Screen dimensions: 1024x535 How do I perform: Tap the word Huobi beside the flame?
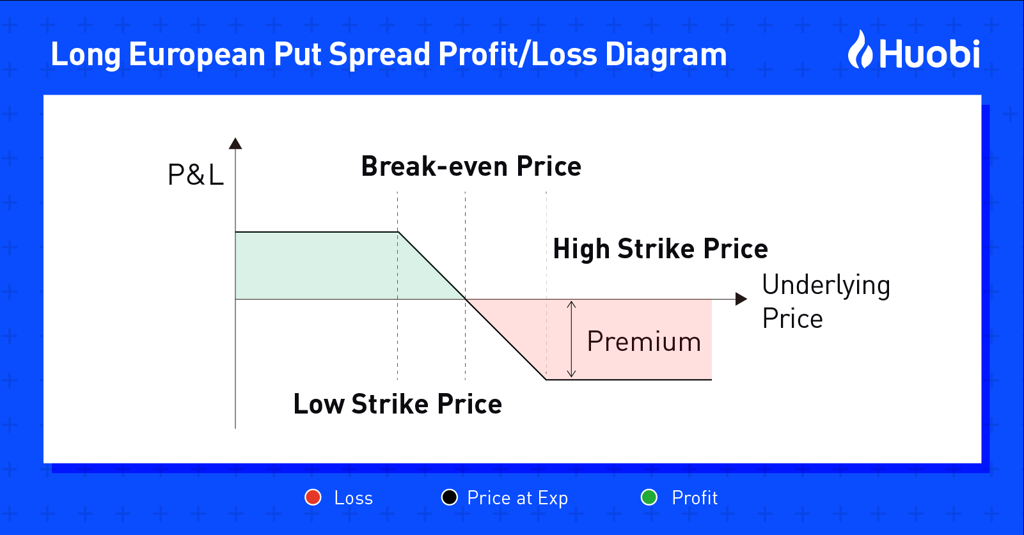click(929, 54)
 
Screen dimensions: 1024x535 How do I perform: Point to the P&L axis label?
click(196, 174)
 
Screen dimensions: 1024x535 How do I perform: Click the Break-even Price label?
click(471, 166)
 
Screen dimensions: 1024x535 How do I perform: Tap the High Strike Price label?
click(661, 249)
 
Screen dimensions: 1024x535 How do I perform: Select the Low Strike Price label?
click(398, 404)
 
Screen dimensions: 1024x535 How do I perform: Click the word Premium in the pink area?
click(643, 341)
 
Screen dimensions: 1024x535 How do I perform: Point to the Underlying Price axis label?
click(826, 302)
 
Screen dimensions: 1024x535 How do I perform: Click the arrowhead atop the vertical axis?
click(235, 143)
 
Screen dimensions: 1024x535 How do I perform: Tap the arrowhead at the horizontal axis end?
click(741, 299)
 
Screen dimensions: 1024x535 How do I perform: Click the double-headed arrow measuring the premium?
click(571, 339)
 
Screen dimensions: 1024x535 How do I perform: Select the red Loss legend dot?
click(313, 497)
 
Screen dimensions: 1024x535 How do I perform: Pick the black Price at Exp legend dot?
click(450, 497)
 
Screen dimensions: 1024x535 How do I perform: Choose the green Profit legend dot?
click(649, 497)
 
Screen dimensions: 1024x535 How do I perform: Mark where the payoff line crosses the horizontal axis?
click(466, 299)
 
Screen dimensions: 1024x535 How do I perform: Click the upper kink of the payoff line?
click(398, 232)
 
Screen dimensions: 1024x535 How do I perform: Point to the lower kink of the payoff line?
click(546, 379)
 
